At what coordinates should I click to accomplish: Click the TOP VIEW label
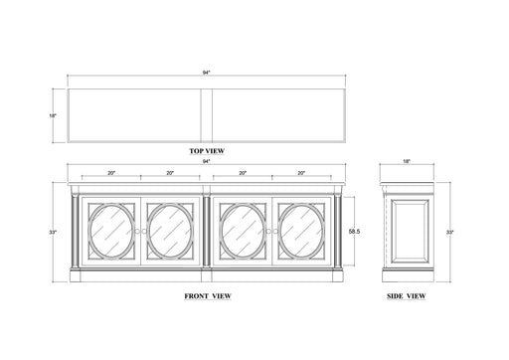click(x=208, y=150)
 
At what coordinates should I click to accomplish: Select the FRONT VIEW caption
click(x=208, y=296)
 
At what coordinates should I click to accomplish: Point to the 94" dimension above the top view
click(x=208, y=71)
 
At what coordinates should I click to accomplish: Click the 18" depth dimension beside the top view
click(x=54, y=115)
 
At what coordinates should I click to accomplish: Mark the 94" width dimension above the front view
click(x=208, y=160)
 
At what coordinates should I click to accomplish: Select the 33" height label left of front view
click(x=53, y=232)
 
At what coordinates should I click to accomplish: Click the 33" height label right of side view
click(x=450, y=232)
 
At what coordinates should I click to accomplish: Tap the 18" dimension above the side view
click(x=406, y=160)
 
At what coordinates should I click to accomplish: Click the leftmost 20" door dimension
click(x=111, y=173)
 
